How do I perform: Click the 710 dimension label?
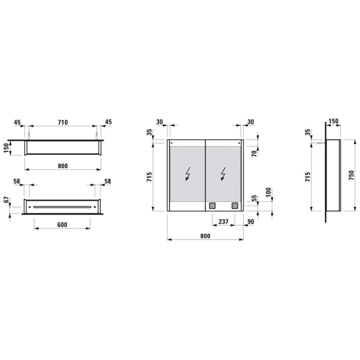(62, 122)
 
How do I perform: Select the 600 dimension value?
(62, 225)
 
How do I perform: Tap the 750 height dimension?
(351, 175)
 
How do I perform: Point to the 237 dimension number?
(223, 222)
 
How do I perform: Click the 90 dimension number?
(250, 222)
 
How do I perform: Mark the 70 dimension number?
(254, 153)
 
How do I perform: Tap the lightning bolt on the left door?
(188, 175)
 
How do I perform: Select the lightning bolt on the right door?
(224, 175)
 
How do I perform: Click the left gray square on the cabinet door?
(211, 206)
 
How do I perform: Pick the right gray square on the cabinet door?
(235, 206)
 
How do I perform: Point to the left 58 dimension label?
(17, 182)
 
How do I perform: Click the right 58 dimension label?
(107, 182)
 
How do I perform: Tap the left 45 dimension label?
(17, 122)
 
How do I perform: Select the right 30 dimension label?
(250, 122)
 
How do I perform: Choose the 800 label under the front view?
(205, 236)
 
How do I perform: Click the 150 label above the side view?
(333, 121)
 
